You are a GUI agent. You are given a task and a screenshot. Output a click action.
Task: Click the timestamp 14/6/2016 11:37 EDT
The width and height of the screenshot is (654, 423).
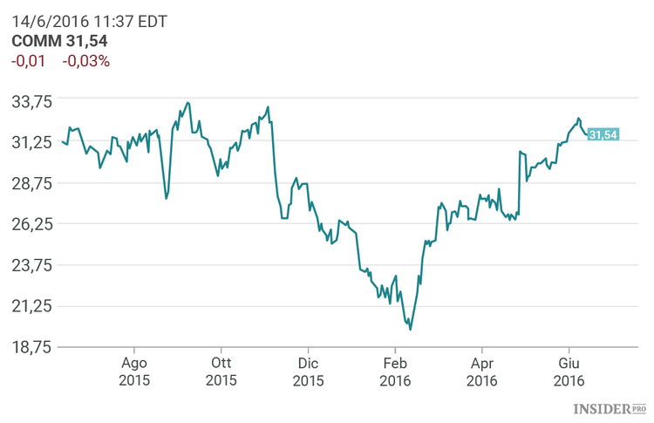(84, 22)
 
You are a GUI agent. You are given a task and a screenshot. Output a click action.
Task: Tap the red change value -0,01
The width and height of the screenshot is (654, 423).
(28, 61)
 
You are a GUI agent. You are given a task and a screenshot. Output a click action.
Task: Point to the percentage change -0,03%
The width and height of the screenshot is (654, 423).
(86, 61)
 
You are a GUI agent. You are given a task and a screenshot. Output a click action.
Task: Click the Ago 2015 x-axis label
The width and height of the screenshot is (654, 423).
(134, 372)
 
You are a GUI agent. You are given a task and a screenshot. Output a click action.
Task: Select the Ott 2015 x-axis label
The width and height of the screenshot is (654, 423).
(221, 372)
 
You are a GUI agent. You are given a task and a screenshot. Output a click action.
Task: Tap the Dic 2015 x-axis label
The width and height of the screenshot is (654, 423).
(308, 372)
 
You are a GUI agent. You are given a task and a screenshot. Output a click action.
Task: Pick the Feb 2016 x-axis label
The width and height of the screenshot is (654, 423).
(395, 372)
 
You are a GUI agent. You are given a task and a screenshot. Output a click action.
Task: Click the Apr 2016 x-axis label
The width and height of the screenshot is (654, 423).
(482, 372)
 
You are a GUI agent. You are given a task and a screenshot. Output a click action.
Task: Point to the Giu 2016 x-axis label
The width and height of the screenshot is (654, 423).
(569, 372)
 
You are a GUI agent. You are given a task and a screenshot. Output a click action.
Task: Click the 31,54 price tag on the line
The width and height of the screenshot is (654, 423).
(603, 134)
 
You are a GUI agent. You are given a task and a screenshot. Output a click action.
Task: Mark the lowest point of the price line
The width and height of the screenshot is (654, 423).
(410, 329)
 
